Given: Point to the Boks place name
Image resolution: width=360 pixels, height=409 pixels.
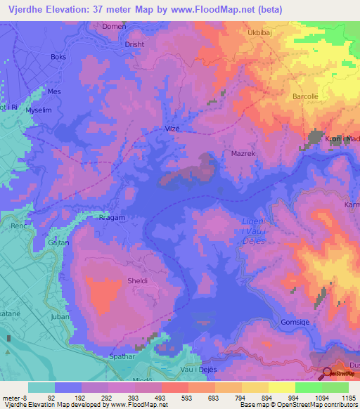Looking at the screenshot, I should click(x=58, y=57).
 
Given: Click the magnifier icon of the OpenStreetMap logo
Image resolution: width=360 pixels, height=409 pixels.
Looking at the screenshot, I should click(x=327, y=374).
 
